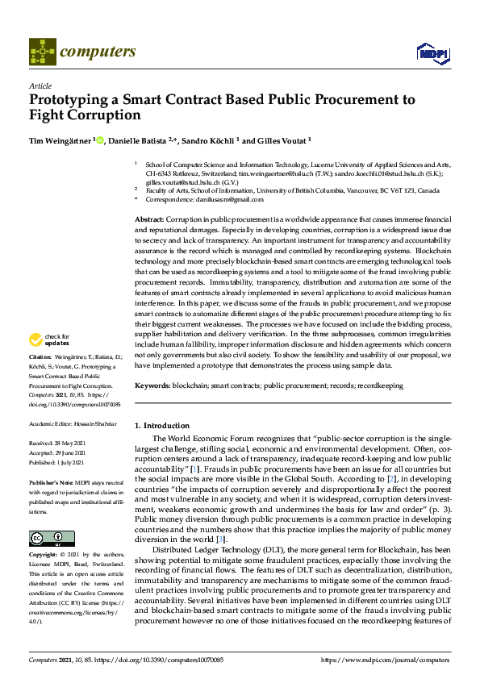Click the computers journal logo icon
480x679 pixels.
click(x=42, y=52)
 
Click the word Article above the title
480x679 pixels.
click(x=40, y=85)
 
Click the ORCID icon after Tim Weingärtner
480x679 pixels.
click(x=99, y=140)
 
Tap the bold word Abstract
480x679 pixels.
click(x=149, y=219)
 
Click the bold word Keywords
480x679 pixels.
click(x=152, y=386)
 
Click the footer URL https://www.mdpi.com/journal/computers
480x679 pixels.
click(x=386, y=660)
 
